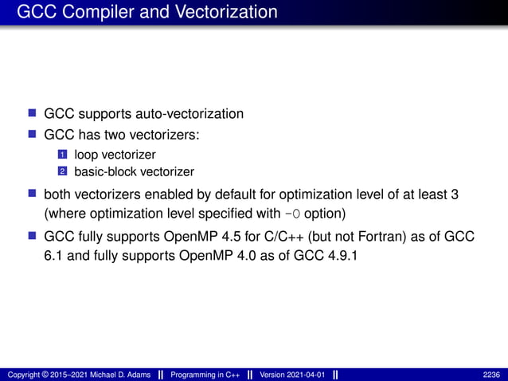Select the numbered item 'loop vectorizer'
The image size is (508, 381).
tap(115, 155)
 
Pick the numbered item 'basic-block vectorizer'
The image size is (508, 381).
tap(134, 171)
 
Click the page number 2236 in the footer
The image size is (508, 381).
tap(492, 374)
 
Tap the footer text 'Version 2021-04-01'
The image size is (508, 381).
tap(293, 374)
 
